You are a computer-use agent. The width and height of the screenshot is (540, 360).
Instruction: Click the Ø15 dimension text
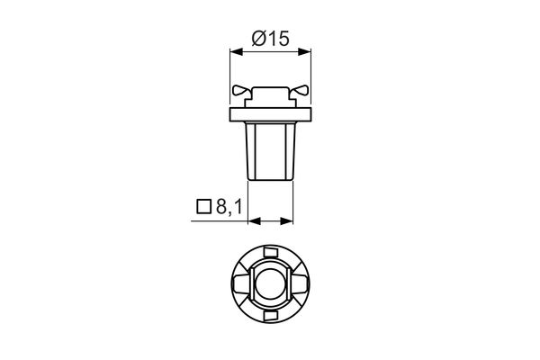point(271,39)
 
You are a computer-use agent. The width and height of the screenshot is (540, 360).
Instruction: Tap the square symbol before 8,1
point(202,209)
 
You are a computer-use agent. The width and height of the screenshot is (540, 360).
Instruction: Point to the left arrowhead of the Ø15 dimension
point(236,52)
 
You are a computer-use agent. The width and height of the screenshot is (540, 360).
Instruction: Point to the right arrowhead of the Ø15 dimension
point(306,52)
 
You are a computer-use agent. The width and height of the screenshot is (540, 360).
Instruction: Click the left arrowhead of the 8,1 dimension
point(253,220)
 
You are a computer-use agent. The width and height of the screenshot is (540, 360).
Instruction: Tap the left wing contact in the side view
point(240,90)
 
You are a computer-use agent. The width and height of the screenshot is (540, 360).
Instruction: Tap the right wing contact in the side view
point(301,90)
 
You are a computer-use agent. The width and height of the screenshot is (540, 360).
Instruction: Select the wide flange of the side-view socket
point(271,114)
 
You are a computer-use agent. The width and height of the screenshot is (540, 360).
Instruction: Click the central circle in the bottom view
point(271,285)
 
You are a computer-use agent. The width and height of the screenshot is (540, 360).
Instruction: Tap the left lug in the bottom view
point(238,285)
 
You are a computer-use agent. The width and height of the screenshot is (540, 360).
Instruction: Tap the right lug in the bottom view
point(303,285)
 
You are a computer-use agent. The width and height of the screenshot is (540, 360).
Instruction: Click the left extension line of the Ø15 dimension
point(231,72)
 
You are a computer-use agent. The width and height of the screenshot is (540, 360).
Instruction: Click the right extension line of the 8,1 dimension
point(294,202)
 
